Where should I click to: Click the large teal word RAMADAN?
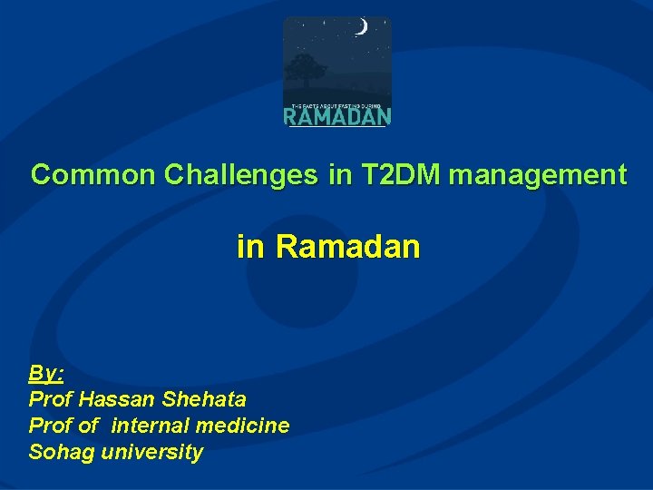[x=337, y=116]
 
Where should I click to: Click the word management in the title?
[x=537, y=174]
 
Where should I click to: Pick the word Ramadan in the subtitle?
[x=348, y=246]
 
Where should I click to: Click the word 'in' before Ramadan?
[x=249, y=246]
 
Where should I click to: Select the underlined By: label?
[x=45, y=373]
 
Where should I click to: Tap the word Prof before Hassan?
[x=51, y=399]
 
